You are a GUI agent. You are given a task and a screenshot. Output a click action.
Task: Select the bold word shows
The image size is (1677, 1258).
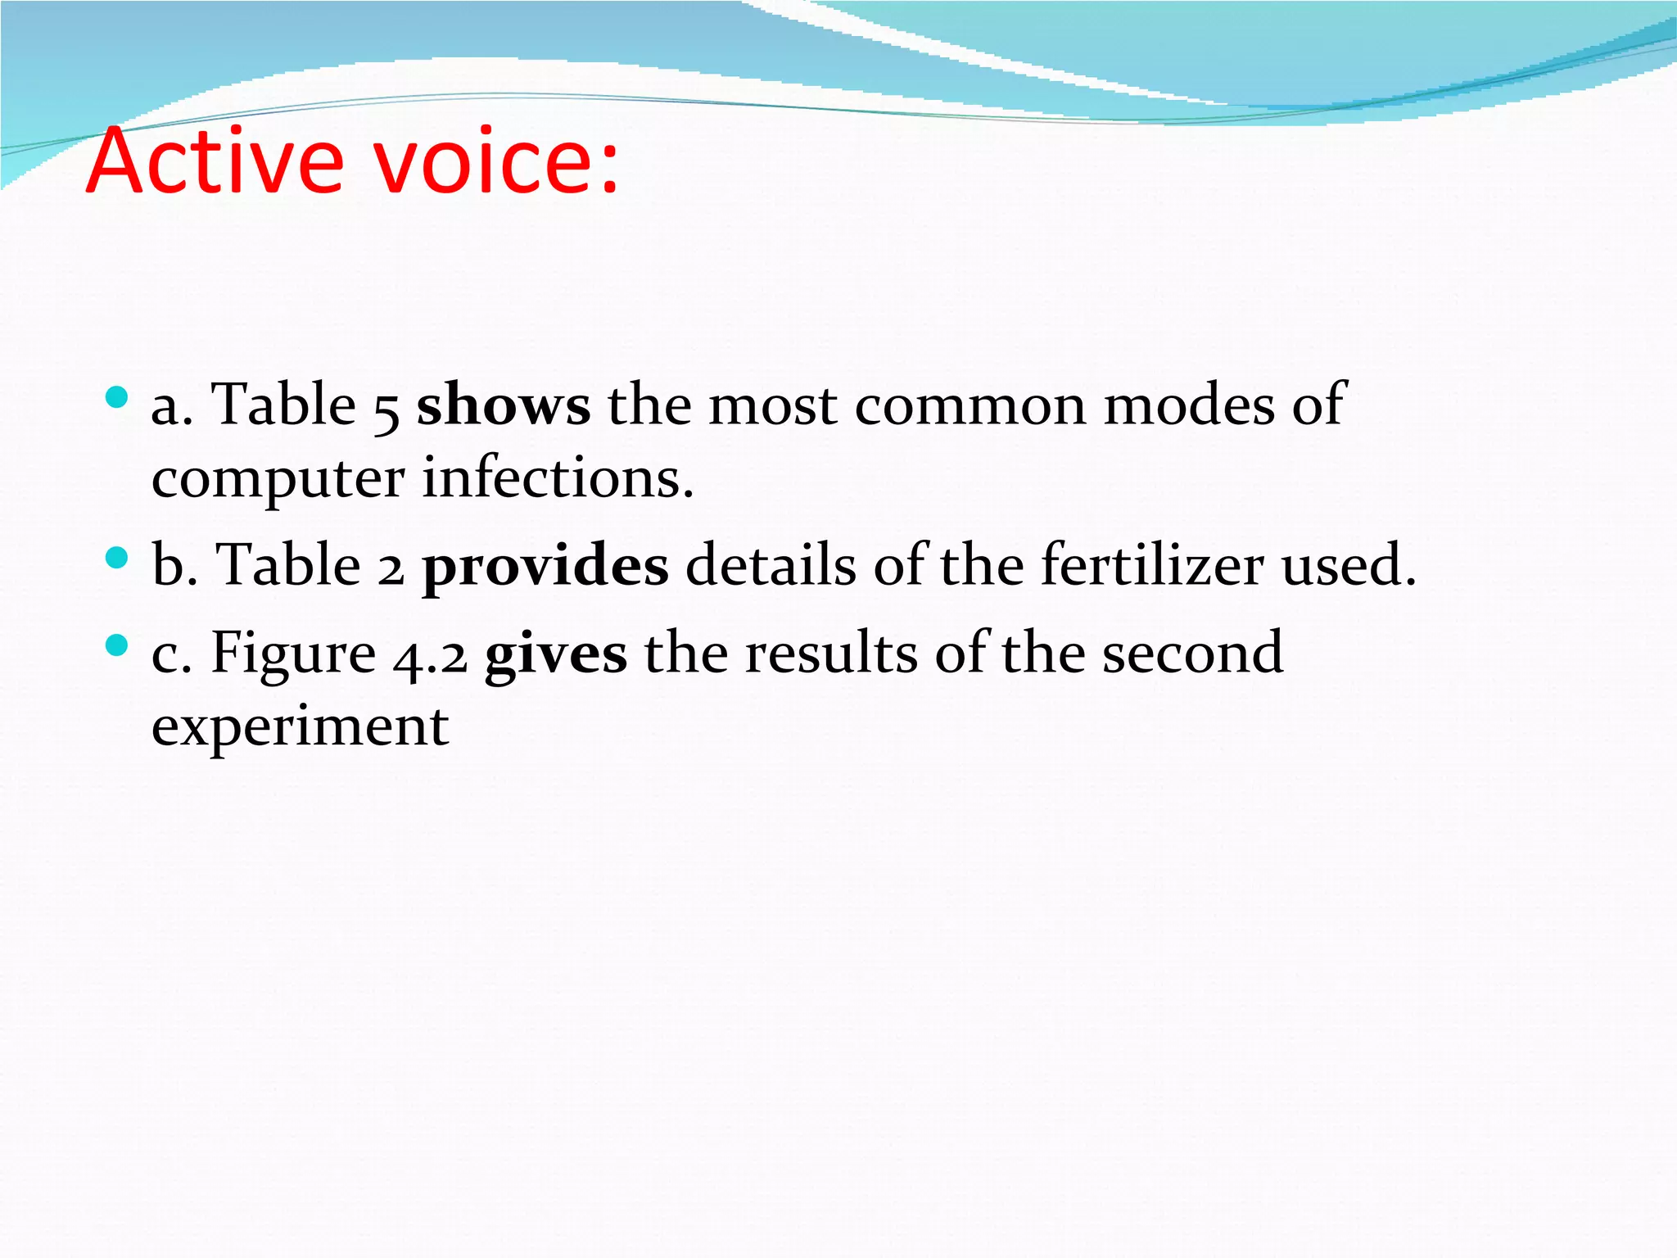click(x=503, y=405)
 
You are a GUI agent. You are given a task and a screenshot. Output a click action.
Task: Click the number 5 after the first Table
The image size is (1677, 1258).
click(x=386, y=409)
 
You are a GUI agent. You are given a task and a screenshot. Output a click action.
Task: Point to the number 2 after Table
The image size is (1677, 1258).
click(x=391, y=569)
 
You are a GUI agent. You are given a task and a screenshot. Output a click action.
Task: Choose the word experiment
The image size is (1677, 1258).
click(x=300, y=728)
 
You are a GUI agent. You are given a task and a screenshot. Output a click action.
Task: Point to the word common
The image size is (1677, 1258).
click(x=970, y=405)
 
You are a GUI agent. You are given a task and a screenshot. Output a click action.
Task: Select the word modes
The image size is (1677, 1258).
click(x=1188, y=405)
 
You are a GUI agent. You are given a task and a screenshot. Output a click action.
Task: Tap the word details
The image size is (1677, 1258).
click(x=770, y=565)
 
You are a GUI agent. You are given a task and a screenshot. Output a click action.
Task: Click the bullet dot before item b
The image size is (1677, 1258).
click(x=117, y=559)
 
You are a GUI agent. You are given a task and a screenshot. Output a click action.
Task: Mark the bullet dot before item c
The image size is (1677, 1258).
click(x=117, y=646)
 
